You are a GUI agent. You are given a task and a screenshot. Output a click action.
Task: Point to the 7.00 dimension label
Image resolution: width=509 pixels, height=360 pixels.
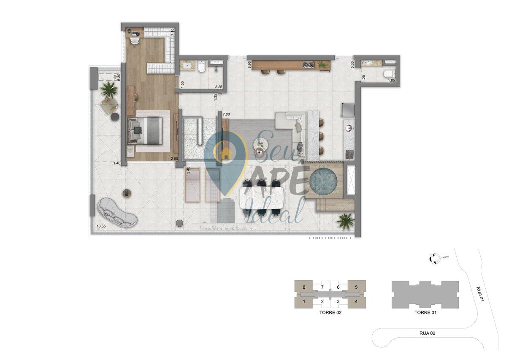[226, 114]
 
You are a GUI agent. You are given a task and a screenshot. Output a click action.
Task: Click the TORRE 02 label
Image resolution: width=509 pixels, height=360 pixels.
[330, 313]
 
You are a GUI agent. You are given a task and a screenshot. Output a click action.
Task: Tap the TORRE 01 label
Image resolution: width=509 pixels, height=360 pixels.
[425, 313]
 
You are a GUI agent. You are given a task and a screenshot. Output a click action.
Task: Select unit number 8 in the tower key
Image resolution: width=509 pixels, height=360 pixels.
[303, 287]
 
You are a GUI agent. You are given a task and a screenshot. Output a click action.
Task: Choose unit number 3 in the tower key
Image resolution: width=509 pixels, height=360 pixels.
[338, 301]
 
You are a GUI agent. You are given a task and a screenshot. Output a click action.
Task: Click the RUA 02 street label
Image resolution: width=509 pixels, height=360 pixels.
[427, 333]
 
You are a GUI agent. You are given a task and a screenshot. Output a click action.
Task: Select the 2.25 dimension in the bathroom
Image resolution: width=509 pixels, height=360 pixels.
[219, 87]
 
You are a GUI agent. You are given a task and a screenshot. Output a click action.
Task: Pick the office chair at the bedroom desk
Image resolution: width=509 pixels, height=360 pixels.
[134, 41]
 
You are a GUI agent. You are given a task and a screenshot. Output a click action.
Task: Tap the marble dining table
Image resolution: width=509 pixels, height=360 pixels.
[263, 198]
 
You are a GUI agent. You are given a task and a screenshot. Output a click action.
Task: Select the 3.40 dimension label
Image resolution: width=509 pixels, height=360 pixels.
[189, 171]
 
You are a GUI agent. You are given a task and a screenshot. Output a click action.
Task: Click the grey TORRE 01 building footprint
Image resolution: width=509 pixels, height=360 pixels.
[425, 294]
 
